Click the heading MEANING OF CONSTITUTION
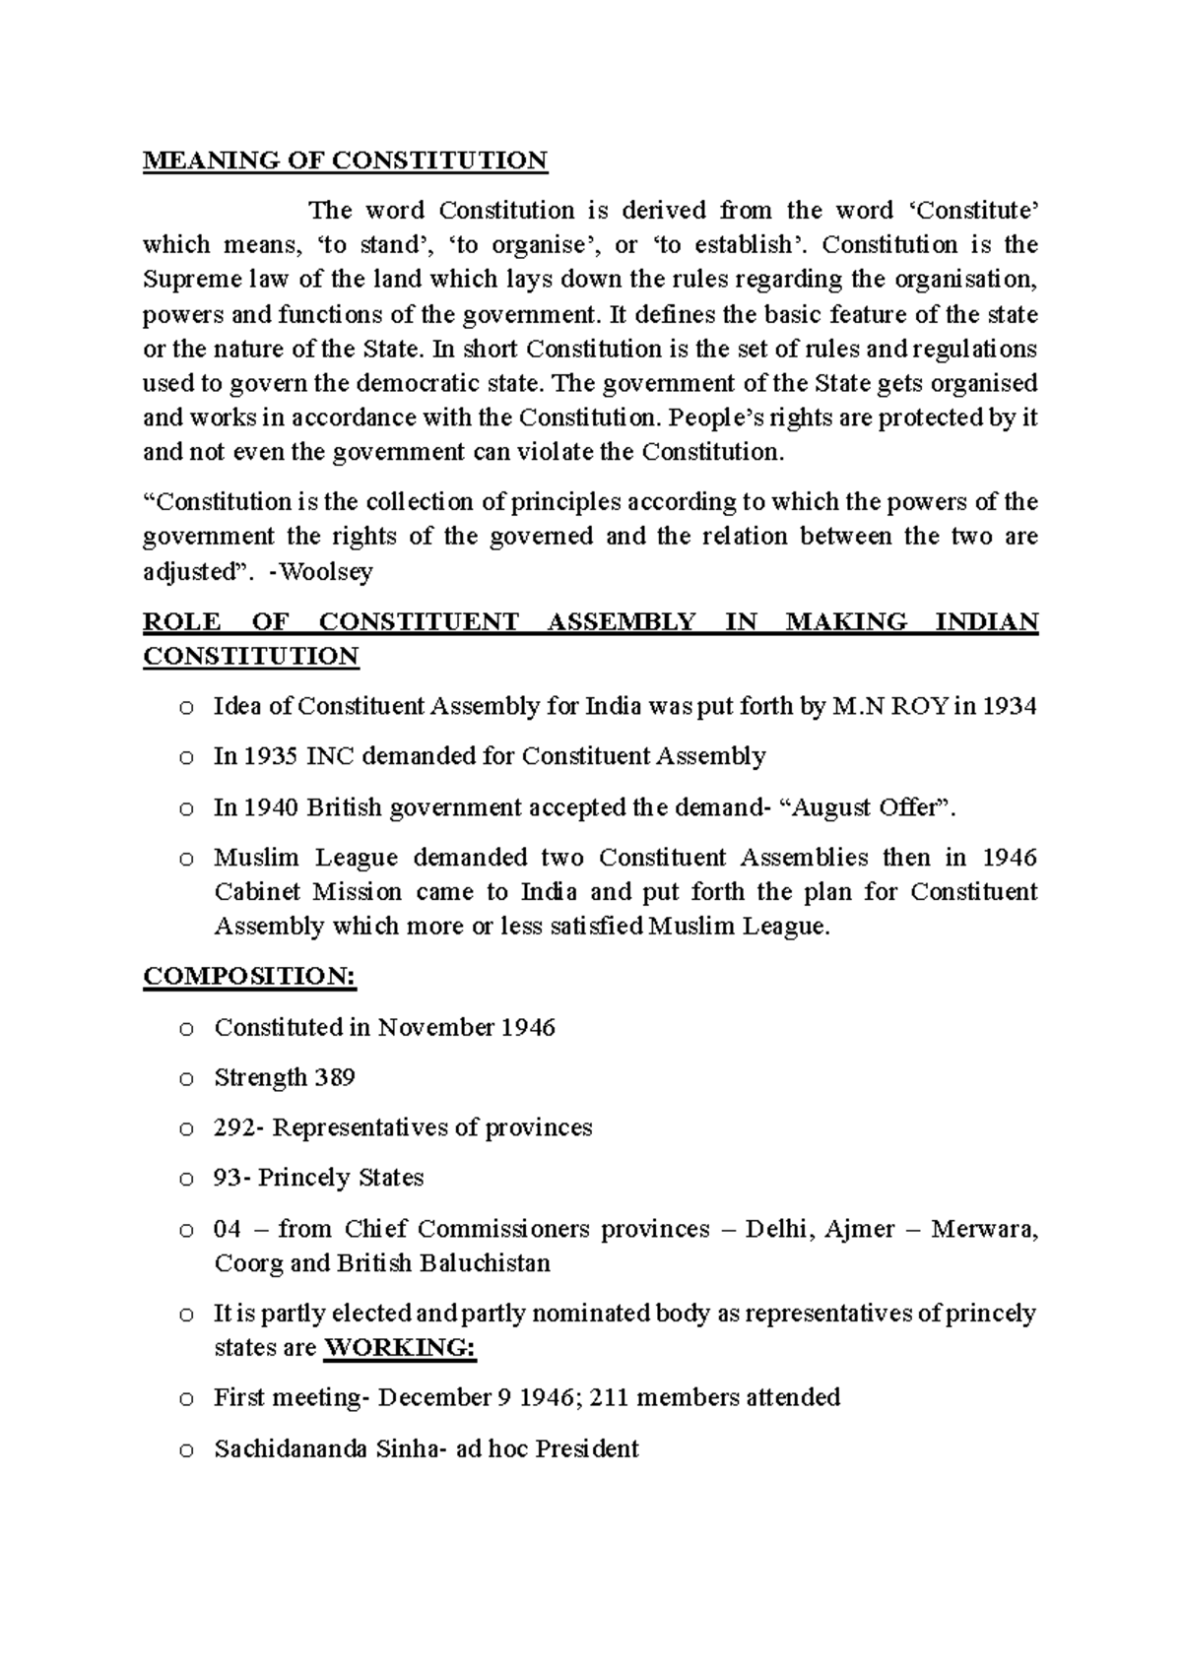[345, 161]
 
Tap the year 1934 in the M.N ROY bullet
[1010, 706]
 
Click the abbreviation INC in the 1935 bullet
[333, 756]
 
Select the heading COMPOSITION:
[249, 976]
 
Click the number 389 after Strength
[334, 1077]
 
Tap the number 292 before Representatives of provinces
[234, 1127]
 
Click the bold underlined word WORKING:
[400, 1347]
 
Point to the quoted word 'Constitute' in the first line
[969, 211]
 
